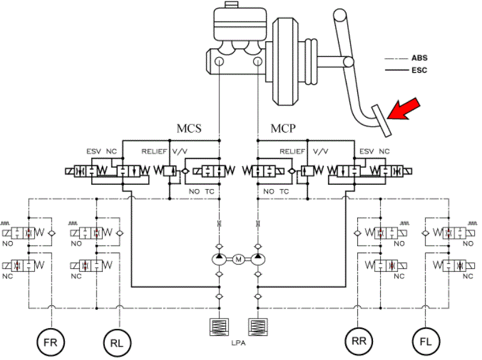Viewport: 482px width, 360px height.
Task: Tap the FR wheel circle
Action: [x=51, y=342]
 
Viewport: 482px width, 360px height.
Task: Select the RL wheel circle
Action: [x=117, y=343]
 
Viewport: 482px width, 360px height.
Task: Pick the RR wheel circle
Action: [x=359, y=341]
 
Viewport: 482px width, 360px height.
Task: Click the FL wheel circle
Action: [x=426, y=341]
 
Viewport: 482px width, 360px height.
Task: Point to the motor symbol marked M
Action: [x=239, y=259]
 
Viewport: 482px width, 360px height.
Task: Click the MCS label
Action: [x=189, y=128]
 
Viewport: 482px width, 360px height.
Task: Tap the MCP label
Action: [x=283, y=128]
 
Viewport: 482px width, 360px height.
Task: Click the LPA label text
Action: [x=239, y=343]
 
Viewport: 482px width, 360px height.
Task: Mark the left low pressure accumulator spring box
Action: [x=219, y=327]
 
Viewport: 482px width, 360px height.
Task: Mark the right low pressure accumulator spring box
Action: [x=258, y=327]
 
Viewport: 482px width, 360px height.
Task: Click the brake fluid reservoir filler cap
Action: [x=231, y=5]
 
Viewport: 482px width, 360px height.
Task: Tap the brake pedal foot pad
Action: [x=381, y=121]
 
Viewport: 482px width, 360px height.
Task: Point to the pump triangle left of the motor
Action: [x=219, y=256]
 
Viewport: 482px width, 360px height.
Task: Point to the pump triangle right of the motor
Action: [x=258, y=256]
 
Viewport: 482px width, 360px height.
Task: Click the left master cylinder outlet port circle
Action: [x=219, y=61]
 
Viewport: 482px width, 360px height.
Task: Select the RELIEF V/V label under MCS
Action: [x=164, y=151]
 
